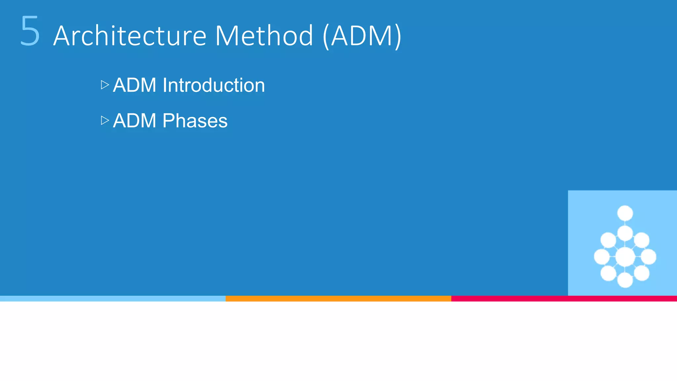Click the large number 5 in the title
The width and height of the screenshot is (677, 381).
(30, 31)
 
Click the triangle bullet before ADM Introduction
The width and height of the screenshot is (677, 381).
(105, 85)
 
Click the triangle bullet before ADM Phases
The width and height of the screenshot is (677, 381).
(105, 120)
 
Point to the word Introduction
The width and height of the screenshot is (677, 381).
(214, 85)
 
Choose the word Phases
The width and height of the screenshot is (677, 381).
(195, 121)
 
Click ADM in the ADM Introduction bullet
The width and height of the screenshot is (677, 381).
(135, 85)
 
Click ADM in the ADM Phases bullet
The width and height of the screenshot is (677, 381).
(135, 121)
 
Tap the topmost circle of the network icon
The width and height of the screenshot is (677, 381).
(625, 213)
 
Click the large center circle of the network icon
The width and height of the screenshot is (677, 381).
(625, 257)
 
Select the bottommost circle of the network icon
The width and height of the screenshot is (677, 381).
(625, 280)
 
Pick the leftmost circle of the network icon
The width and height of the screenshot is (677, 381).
(601, 257)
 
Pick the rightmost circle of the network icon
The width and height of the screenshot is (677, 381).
(649, 257)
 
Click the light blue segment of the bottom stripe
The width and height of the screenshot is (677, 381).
(112, 299)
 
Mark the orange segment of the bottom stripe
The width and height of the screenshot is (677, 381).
(338, 299)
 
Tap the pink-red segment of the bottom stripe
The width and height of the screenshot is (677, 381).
(564, 299)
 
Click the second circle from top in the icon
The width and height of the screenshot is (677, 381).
(625, 233)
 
